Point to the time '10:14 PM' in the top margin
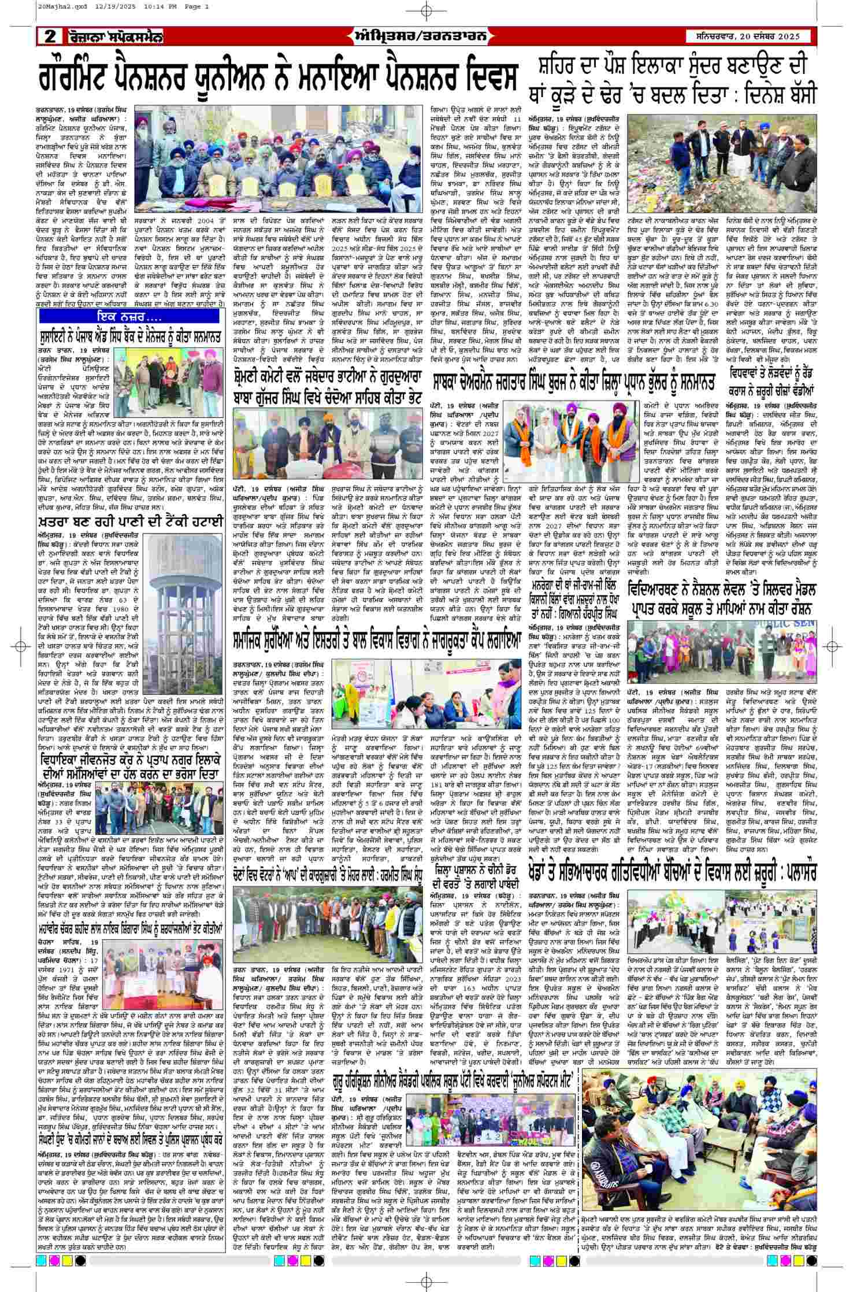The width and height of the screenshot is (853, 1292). (x=121, y=6)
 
